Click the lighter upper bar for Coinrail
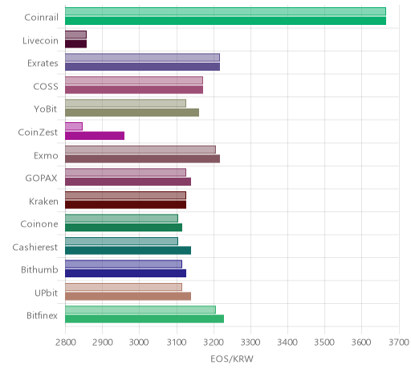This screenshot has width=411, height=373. tap(226, 11)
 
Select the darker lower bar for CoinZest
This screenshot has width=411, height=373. tap(95, 136)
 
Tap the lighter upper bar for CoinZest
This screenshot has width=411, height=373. tap(74, 126)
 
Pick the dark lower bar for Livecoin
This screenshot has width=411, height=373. tap(75, 43)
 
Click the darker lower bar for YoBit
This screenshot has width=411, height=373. tap(132, 113)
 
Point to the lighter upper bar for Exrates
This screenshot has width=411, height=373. tap(142, 57)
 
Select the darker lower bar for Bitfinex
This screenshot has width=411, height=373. tap(144, 319)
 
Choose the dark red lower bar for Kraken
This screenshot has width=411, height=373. tap(125, 204)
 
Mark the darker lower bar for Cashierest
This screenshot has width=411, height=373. tap(128, 251)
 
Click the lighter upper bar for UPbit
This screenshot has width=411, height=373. tap(124, 287)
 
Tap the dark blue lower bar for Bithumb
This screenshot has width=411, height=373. tap(125, 273)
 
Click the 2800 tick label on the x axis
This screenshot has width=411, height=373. tap(65, 342)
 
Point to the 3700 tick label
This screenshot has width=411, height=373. tap(399, 342)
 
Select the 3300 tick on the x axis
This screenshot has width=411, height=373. tap(250, 342)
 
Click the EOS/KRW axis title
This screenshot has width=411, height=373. tap(232, 359)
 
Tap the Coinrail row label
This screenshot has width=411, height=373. tap(41, 18)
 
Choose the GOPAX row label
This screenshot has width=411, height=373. tap(41, 178)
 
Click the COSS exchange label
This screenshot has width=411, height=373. tap(46, 86)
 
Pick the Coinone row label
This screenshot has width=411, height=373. tap(39, 224)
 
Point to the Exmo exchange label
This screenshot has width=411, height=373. tap(46, 155)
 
